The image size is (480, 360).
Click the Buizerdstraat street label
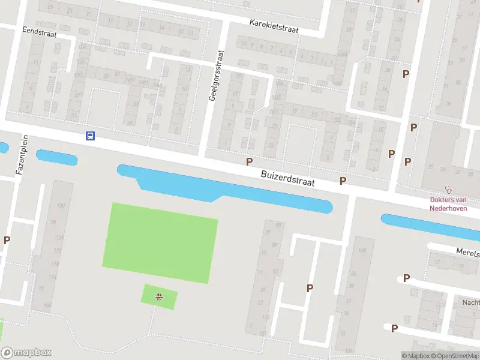pos(288,178)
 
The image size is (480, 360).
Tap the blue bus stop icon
pos(90,136)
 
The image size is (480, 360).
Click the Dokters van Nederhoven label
pos(448,204)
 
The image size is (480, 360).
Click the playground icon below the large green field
pos(160,296)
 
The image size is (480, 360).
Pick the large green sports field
pos(161,242)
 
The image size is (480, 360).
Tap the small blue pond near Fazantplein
pos(56,157)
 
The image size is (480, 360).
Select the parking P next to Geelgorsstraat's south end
pos(249,161)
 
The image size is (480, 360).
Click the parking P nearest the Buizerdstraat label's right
pos(343,181)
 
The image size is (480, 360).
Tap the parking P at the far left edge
pos(7,240)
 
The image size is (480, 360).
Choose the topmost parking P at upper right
pos(406,74)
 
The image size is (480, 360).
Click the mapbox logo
pos(26,353)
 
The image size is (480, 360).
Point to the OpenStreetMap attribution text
pos(454,356)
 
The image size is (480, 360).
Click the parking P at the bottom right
pos(394,328)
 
